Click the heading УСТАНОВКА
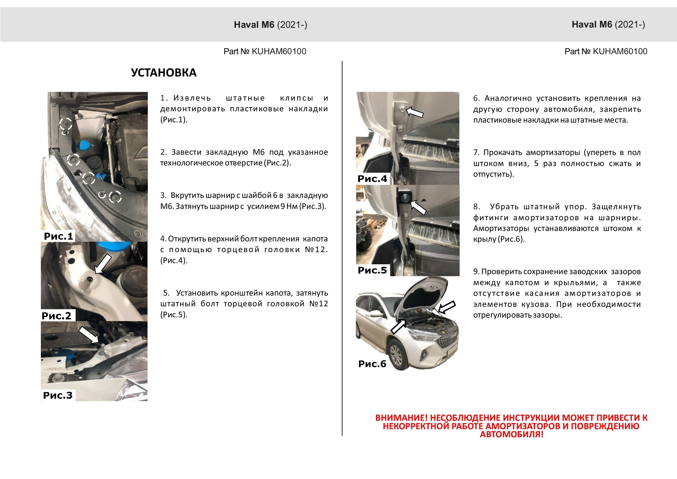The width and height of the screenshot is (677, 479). (164, 72)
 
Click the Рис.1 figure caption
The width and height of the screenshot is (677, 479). (58, 236)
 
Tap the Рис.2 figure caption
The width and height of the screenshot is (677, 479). (57, 316)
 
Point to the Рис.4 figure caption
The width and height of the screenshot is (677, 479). (372, 179)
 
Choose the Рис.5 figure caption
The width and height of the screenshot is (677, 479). (372, 270)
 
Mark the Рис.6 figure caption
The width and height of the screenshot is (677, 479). (372, 364)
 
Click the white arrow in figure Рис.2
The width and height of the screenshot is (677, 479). (103, 264)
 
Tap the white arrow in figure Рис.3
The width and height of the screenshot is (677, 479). (89, 334)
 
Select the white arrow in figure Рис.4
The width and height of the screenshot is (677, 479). (415, 112)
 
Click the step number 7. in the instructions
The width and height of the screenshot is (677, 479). (476, 152)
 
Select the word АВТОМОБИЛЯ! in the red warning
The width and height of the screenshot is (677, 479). (511, 434)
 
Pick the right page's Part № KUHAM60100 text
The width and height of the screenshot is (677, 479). (606, 51)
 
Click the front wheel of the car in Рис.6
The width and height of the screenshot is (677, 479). (397, 355)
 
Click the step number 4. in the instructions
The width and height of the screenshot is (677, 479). (163, 238)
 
